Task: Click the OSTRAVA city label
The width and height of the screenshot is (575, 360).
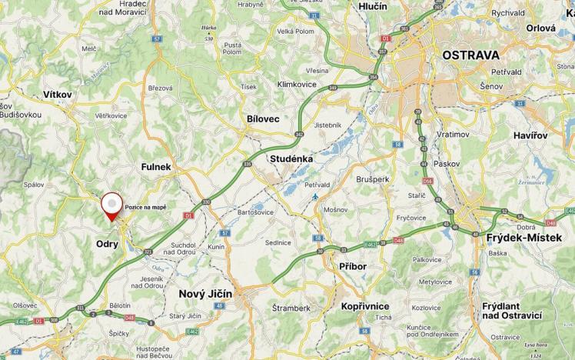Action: pos(470,55)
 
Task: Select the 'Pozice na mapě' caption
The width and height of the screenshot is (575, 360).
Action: pos(147,207)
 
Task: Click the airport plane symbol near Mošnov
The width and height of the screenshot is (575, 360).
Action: pos(316,198)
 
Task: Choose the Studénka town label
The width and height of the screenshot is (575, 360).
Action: pos(291,158)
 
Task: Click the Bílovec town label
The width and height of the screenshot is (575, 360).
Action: pos(263,118)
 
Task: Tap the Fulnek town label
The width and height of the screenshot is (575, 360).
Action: pos(156,166)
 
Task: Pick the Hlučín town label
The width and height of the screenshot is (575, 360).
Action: pos(373,6)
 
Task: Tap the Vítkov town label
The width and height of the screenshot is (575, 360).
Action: pos(58,94)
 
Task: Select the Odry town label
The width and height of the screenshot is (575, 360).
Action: pos(107,243)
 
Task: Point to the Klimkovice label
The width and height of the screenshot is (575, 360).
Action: pos(297,84)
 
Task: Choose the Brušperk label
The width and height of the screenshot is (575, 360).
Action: pos(374,178)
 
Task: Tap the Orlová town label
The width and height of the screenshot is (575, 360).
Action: pos(540,28)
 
